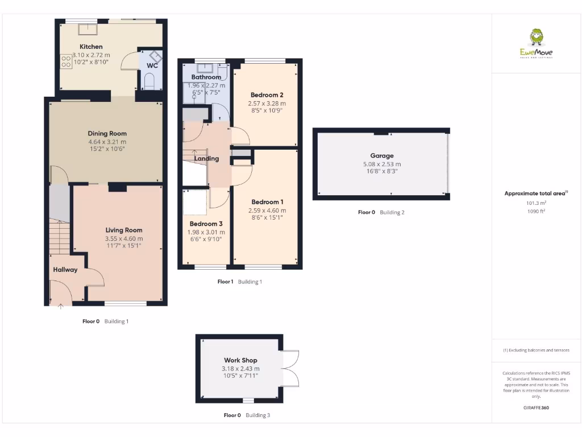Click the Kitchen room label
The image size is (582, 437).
(91, 47)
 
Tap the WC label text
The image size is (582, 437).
(152, 65)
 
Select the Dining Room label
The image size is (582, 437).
(107, 134)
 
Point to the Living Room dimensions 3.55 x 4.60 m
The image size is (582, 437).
(124, 238)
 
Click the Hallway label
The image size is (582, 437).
(65, 270)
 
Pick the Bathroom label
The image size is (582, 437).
(206, 77)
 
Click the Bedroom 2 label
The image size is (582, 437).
(267, 95)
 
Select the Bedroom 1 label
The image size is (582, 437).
(267, 202)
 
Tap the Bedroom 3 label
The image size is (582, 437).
(206, 224)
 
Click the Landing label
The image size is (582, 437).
(206, 159)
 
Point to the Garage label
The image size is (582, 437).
(381, 155)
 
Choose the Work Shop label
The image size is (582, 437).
(240, 360)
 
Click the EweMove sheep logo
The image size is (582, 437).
(536, 39)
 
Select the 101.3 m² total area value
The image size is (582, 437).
(536, 203)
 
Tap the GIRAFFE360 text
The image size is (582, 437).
(536, 407)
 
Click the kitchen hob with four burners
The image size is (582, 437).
(64, 61)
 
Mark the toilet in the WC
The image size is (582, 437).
(149, 84)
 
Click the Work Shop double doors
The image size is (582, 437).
(290, 367)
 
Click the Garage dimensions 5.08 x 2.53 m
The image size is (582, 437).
(381, 164)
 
